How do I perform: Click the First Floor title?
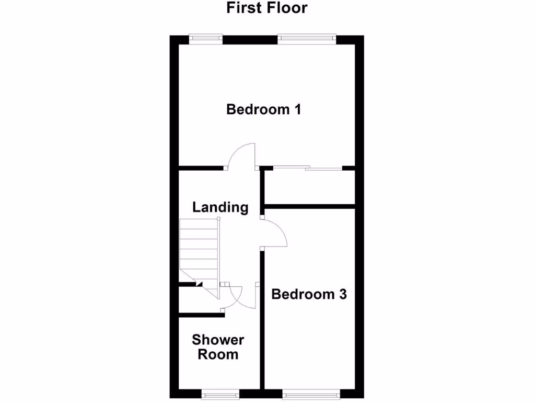click(267, 8)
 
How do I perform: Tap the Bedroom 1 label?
click(264, 110)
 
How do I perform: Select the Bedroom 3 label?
click(309, 294)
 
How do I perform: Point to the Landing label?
click(220, 207)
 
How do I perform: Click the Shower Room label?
click(218, 347)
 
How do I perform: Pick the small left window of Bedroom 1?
click(206, 38)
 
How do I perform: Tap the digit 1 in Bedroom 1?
click(297, 110)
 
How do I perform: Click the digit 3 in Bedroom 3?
click(342, 294)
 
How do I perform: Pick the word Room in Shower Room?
click(218, 354)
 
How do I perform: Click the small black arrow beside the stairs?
click(199, 284)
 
